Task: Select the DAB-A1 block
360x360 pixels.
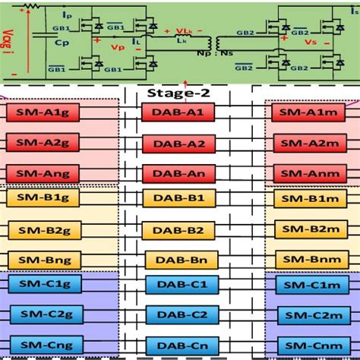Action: (x=178, y=112)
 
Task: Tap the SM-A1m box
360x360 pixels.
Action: (x=308, y=112)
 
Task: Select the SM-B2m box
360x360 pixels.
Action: (x=308, y=229)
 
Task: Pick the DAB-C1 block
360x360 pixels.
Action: (x=178, y=285)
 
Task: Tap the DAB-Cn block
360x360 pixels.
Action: (x=178, y=344)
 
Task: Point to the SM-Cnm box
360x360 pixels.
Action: (x=308, y=344)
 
